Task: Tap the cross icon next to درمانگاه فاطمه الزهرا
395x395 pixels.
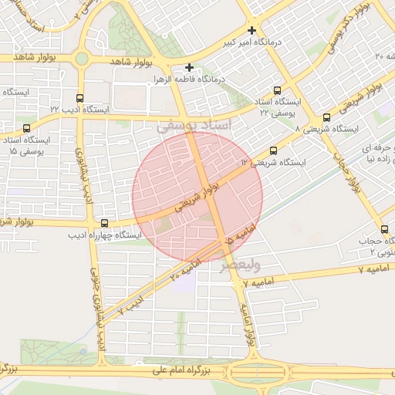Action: (189, 68)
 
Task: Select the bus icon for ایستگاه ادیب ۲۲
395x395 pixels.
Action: (79, 98)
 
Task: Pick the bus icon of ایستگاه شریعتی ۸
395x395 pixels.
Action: (326, 118)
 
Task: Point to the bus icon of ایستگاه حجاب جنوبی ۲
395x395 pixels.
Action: (384, 229)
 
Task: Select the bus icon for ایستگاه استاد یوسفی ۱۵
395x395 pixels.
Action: (28, 128)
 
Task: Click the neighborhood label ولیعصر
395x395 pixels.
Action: (241, 265)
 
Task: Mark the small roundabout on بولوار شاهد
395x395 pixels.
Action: (81, 58)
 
